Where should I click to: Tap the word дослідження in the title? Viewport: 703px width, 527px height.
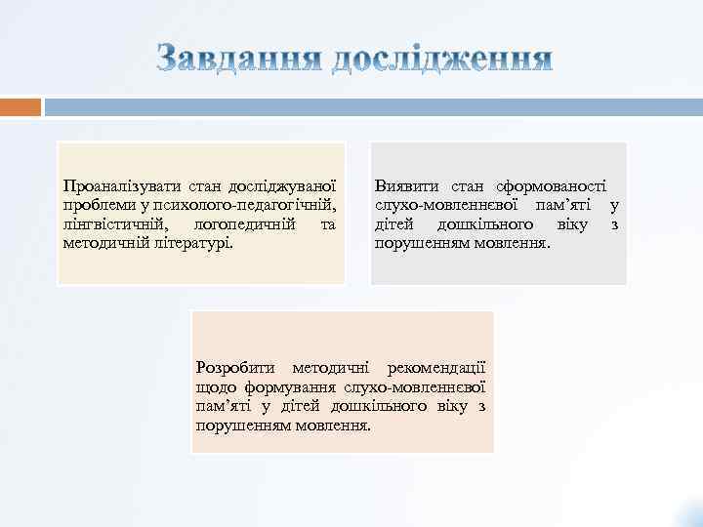[442, 60]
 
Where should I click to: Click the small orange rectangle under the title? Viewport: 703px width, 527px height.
[21, 105]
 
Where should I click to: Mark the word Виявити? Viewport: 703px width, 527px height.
[403, 185]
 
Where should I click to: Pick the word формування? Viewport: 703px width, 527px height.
[283, 387]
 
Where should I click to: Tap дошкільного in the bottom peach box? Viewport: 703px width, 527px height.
[377, 406]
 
